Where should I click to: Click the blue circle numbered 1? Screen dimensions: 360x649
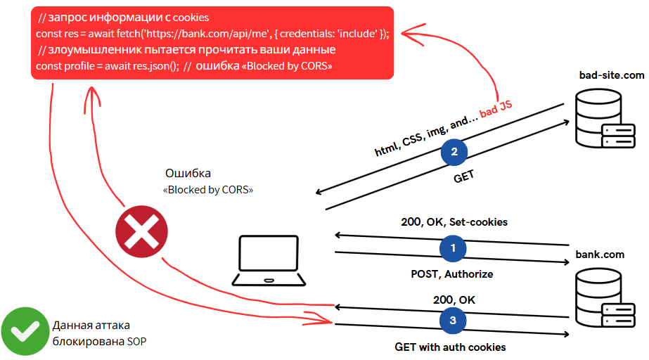click(453, 248)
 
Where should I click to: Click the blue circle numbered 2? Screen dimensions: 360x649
click(454, 152)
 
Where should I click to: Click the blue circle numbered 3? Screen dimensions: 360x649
click(453, 320)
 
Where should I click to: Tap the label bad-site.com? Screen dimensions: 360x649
click(611, 75)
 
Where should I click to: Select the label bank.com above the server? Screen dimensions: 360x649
click(600, 254)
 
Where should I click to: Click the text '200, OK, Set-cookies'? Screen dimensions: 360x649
click(454, 222)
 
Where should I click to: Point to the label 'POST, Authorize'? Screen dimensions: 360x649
click(452, 274)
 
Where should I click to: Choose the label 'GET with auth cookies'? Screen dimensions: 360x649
click(451, 347)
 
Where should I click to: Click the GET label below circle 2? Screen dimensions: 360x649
click(464, 177)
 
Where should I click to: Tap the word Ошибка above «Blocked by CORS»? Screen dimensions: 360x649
click(188, 173)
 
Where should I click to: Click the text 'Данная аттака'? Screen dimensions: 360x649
click(91, 326)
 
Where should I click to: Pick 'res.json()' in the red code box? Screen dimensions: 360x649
click(155, 66)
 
